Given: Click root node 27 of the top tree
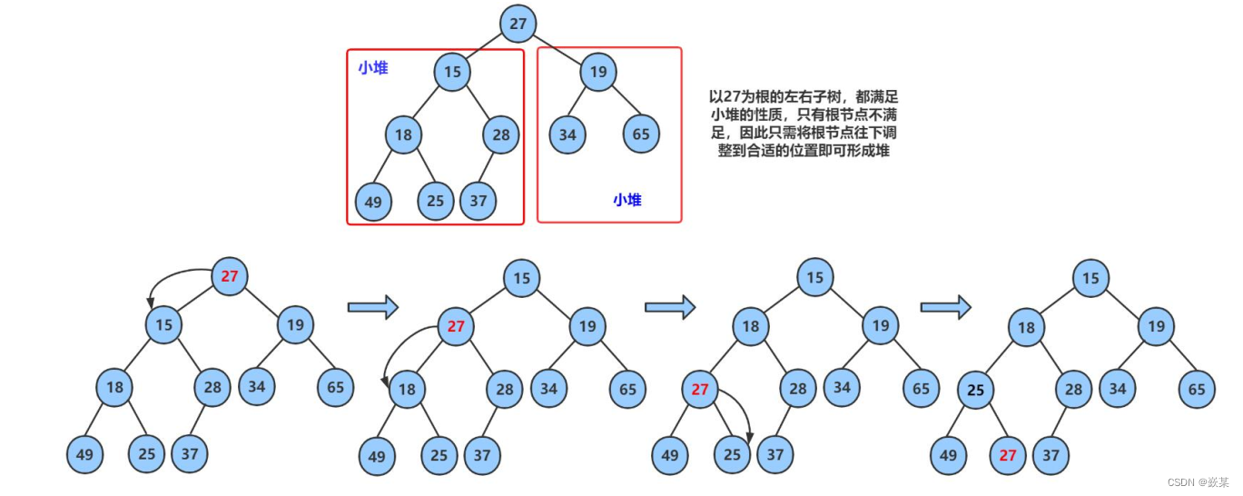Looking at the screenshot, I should [x=518, y=24].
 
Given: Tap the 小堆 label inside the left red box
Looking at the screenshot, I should [x=372, y=67].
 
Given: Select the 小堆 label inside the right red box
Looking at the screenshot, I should [x=626, y=200].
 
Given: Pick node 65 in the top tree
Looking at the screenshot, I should [x=641, y=135].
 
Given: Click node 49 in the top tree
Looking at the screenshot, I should [x=373, y=202].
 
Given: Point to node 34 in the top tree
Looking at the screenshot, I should [x=567, y=135].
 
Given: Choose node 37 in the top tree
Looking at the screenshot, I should [x=478, y=201].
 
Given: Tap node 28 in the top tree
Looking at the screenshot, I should [x=501, y=135].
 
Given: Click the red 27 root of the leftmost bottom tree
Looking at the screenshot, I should [x=229, y=276].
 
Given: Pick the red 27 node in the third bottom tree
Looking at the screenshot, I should [x=699, y=391].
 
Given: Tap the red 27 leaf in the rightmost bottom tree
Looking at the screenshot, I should [x=1008, y=455].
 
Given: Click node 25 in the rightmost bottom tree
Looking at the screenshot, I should [x=976, y=391].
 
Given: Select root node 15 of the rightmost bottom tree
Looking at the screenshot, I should [x=1090, y=278].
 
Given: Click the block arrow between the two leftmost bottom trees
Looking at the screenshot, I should [x=373, y=307].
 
